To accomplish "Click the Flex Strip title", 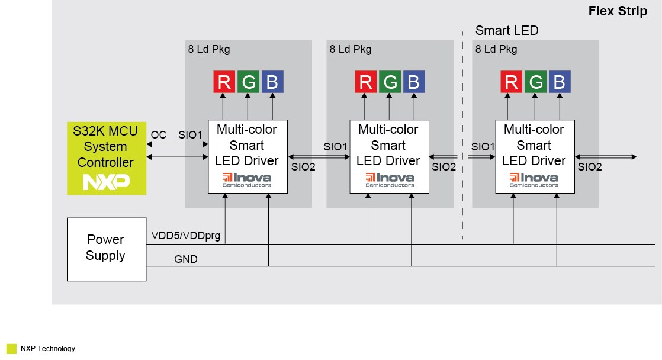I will pyautogui.click(x=618, y=11).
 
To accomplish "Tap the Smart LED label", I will pyautogui.click(x=507, y=30).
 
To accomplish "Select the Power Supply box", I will pyautogui.click(x=106, y=249).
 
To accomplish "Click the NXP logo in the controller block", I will pyautogui.click(x=106, y=182).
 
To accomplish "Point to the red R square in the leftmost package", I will pyautogui.click(x=224, y=82).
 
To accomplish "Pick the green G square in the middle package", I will pyautogui.click(x=389, y=82).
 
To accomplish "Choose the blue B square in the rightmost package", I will pyautogui.click(x=560, y=82).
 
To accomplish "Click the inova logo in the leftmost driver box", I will pyautogui.click(x=247, y=179).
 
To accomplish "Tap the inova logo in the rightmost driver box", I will pyautogui.click(x=534, y=179).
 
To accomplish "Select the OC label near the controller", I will pyautogui.click(x=159, y=135).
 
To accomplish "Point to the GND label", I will pyautogui.click(x=185, y=259).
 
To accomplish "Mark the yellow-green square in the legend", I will pyautogui.click(x=11, y=349).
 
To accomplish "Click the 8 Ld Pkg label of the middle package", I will pyautogui.click(x=350, y=49).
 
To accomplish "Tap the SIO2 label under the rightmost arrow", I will pyautogui.click(x=590, y=167).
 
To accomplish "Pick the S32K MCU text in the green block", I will pyautogui.click(x=106, y=131).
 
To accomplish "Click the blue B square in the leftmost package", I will pyautogui.click(x=272, y=82).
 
